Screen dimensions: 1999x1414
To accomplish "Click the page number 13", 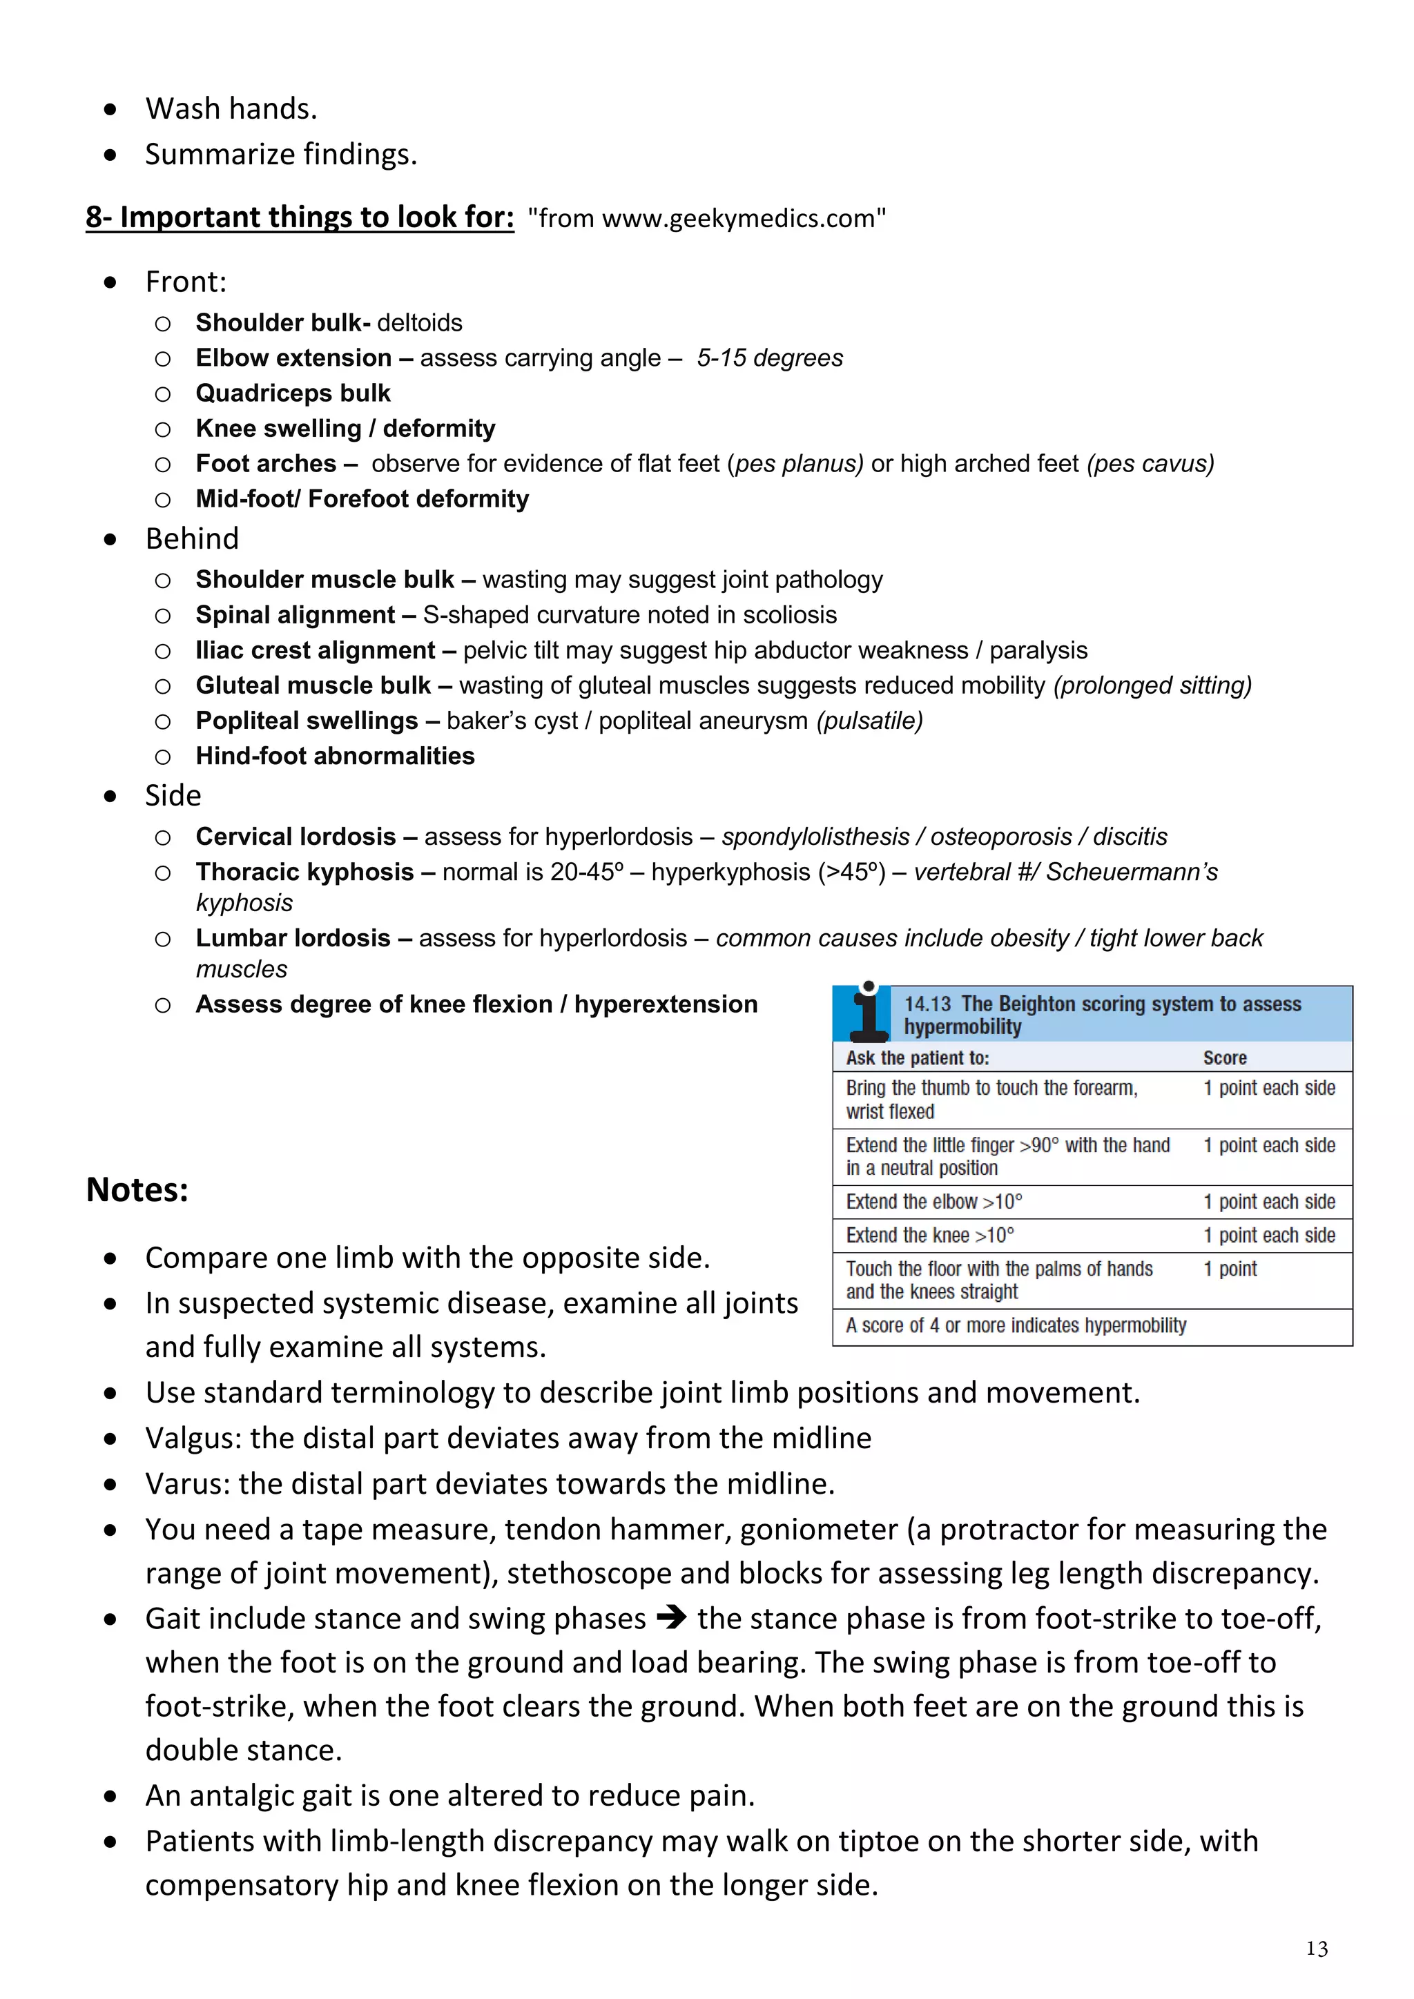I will click(1317, 1949).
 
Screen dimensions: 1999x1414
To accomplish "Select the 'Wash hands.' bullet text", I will click(231, 109).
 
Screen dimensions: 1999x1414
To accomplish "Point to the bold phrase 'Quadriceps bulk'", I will click(293, 393).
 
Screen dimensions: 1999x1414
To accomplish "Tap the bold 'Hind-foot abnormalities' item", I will click(336, 756).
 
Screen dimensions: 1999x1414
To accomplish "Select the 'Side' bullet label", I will click(173, 796).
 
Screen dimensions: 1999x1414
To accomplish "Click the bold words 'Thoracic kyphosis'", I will click(304, 872).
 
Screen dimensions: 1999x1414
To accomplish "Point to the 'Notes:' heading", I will click(137, 1189).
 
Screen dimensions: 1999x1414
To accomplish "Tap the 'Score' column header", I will click(1224, 1058).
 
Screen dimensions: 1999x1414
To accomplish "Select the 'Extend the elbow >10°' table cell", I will click(933, 1202).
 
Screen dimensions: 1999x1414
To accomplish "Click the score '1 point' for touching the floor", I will click(1230, 1269).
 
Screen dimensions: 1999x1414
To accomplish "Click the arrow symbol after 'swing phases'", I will click(671, 1619).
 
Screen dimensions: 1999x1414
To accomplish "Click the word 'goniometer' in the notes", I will click(818, 1530).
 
